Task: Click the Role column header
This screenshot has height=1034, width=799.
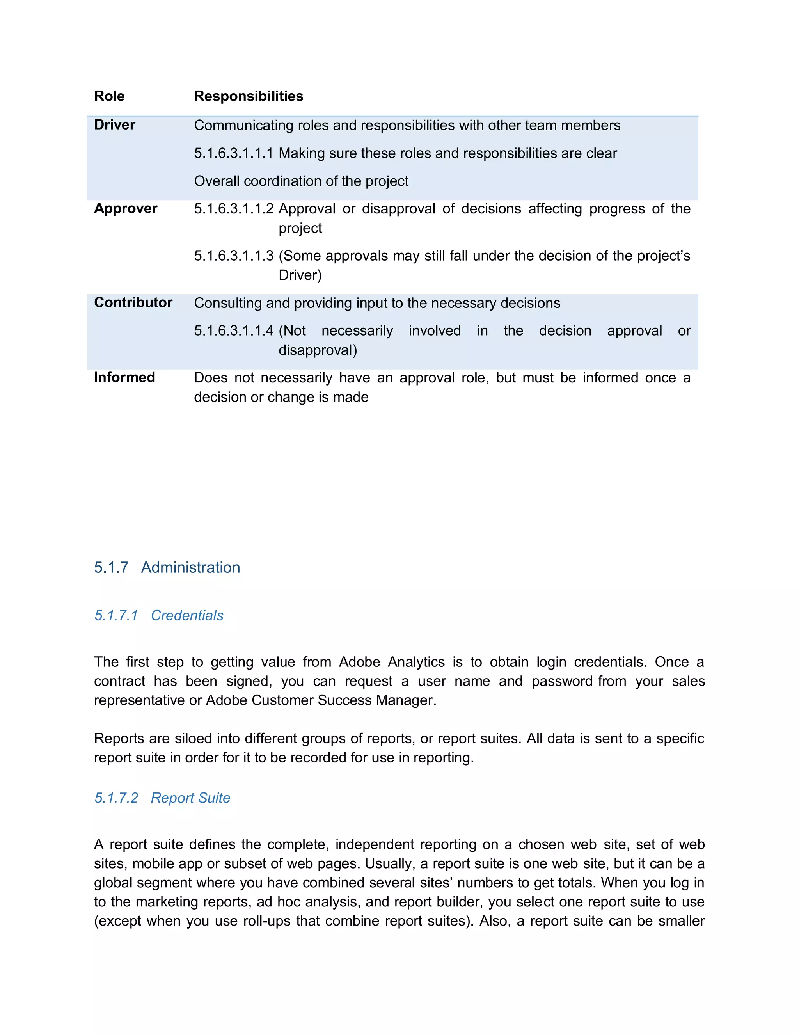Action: click(109, 96)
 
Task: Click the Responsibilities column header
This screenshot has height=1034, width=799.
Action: click(249, 96)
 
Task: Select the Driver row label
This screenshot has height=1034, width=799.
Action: click(115, 125)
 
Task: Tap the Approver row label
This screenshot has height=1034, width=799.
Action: click(126, 209)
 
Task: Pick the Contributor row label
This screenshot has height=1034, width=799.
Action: click(133, 302)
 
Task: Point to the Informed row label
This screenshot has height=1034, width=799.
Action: click(124, 377)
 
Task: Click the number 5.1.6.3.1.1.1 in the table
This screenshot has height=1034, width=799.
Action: click(234, 153)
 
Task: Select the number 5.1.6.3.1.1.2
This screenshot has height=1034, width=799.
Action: click(234, 209)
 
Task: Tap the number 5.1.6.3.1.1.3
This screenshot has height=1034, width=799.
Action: click(234, 256)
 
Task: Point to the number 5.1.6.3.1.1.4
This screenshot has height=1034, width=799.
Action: click(234, 330)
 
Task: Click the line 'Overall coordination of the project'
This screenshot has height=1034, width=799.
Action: click(301, 181)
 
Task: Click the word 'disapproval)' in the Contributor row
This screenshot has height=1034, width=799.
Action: click(318, 350)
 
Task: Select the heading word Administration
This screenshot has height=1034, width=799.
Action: click(190, 568)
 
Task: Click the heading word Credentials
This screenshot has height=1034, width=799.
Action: click(187, 615)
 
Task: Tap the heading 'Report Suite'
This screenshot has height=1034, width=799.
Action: click(190, 798)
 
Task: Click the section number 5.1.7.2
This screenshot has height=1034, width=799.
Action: click(116, 798)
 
